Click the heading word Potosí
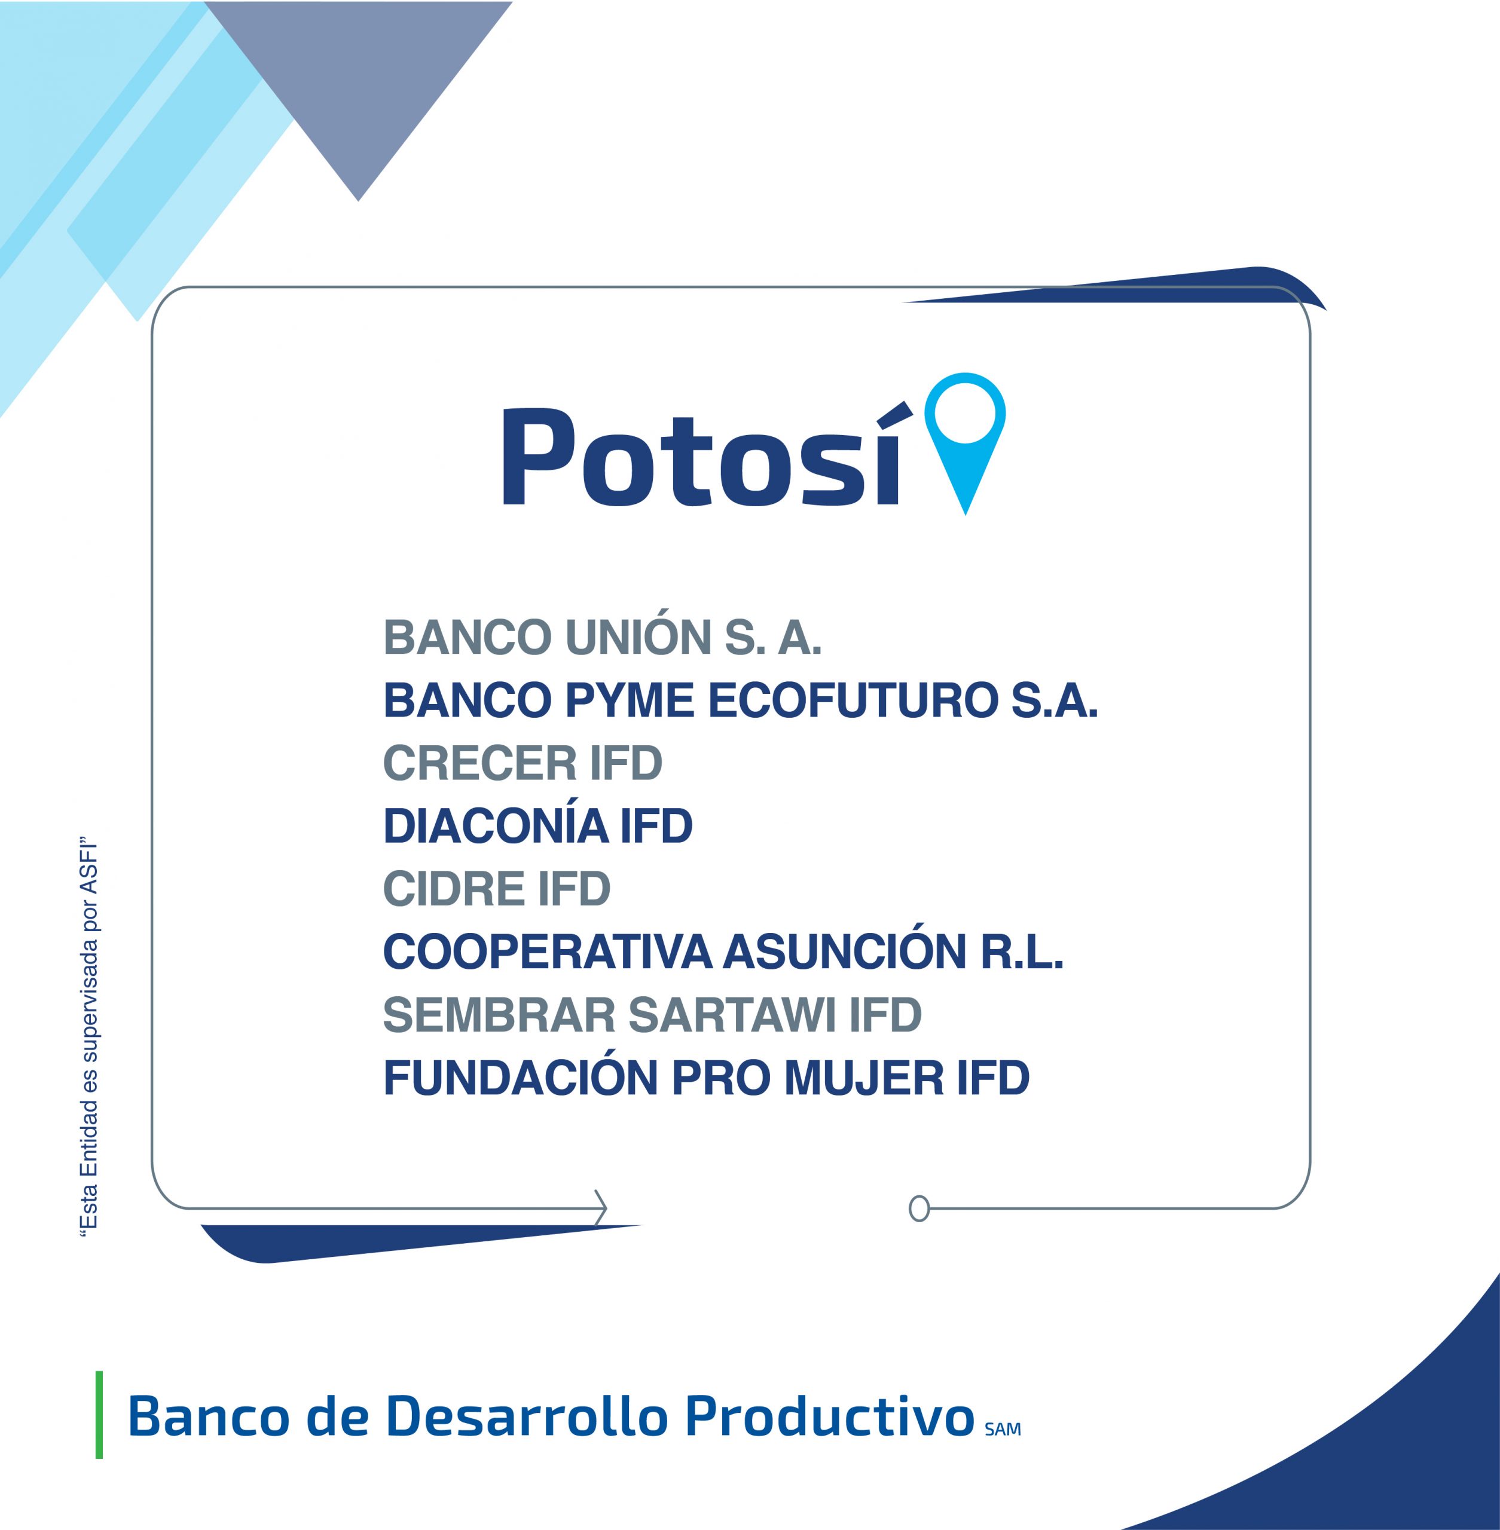pyautogui.click(x=701, y=455)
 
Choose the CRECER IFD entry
pyautogui.click(x=523, y=763)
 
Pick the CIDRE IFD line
pyautogui.click(x=496, y=889)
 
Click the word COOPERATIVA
pyautogui.click(x=548, y=952)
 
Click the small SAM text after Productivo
pyautogui.click(x=1002, y=1429)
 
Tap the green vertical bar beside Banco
pyautogui.click(x=99, y=1415)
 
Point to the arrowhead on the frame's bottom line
pyautogui.click(x=601, y=1208)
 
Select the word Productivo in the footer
pyautogui.click(x=830, y=1416)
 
